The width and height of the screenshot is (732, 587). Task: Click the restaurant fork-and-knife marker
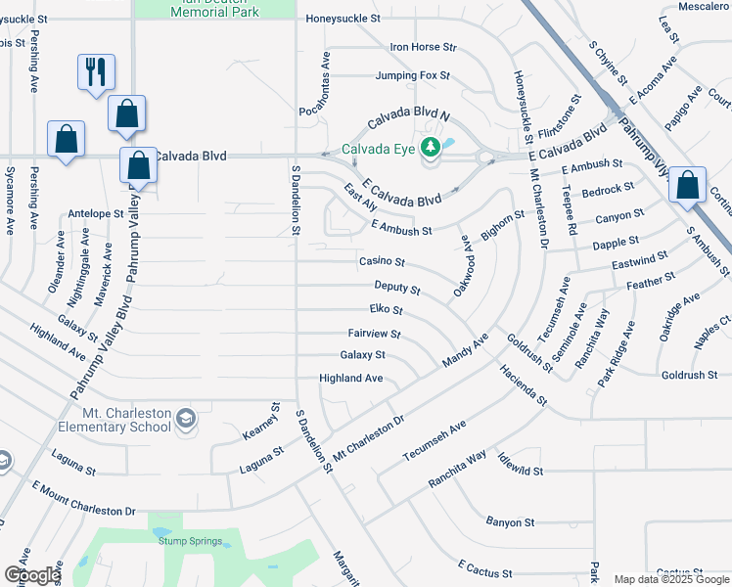[x=96, y=71]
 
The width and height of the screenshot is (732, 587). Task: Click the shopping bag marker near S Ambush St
[x=689, y=184]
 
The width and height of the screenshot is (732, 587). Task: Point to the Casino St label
[x=382, y=261]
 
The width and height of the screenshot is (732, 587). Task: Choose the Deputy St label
[x=397, y=289]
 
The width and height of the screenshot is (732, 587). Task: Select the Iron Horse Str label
[x=424, y=47]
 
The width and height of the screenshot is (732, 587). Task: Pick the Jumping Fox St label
[x=412, y=75]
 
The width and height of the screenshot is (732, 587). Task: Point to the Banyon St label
[x=511, y=523]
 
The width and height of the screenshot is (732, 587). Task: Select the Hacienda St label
[x=522, y=387]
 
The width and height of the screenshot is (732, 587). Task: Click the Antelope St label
[x=96, y=212]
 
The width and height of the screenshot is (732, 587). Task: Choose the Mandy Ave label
[x=465, y=349]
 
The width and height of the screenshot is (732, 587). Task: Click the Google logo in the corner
[x=31, y=575]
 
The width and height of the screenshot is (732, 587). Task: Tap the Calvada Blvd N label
[x=408, y=119]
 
